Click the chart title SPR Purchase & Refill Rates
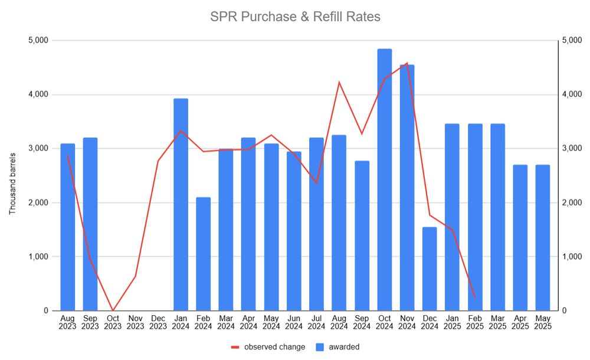tap(295, 17)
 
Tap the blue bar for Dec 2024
tap(430, 269)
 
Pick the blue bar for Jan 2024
tap(181, 204)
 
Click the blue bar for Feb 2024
tap(203, 254)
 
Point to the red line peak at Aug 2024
tap(339, 82)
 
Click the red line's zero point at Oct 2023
tap(113, 310)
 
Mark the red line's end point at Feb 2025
tap(475, 297)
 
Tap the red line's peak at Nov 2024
tap(407, 63)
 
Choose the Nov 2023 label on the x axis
tap(135, 322)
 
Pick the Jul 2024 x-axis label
tap(316, 322)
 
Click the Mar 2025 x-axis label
tap(497, 322)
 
